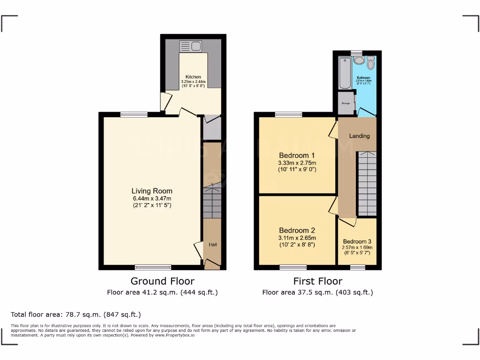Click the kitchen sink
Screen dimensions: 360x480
pos(190,46)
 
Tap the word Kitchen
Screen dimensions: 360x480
pos(193,77)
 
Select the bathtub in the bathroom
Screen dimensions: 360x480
pos(345,73)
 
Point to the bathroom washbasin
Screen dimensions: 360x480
pos(359,60)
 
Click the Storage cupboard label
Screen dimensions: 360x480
pos(346,103)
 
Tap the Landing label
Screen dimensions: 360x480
pos(360,136)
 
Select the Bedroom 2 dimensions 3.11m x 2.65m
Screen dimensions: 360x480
pos(297,238)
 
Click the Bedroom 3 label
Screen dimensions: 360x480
pos(357,241)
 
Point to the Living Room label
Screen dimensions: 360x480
pos(151,191)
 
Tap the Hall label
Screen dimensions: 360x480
pos(213,245)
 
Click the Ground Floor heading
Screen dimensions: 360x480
pos(162,281)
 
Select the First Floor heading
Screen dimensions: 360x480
pos(318,281)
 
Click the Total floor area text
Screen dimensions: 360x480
pos(75,315)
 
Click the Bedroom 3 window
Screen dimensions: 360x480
pos(357,268)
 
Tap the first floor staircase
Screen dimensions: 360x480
pos(367,183)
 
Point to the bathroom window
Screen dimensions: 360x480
pos(357,52)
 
